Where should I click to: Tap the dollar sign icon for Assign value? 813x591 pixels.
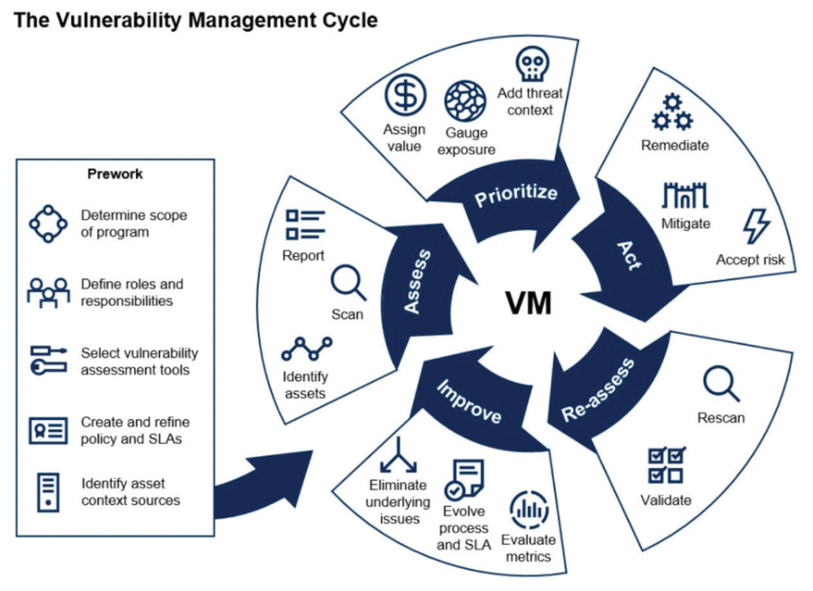(405, 96)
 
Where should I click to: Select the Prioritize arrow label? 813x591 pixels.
(516, 195)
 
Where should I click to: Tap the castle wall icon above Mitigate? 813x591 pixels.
(685, 196)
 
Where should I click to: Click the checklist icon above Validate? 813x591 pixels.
(666, 465)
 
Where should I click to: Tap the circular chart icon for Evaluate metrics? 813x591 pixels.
(529, 510)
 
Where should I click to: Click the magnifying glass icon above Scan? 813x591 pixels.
(348, 285)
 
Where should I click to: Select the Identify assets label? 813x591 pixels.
(305, 385)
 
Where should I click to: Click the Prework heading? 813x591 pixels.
(114, 174)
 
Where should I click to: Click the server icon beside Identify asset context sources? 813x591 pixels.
(48, 491)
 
